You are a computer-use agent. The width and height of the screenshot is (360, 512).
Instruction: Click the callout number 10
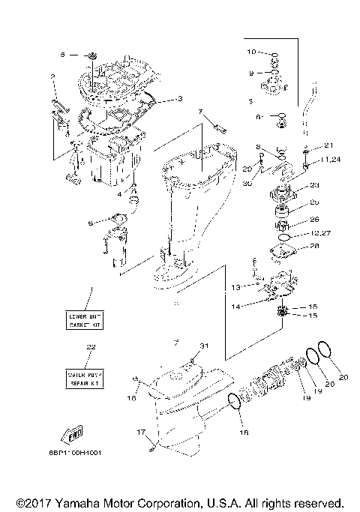(252, 52)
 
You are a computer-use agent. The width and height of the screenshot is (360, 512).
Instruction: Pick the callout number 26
(313, 220)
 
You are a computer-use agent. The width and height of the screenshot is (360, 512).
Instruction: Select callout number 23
(314, 186)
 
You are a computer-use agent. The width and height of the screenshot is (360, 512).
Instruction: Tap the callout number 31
(200, 346)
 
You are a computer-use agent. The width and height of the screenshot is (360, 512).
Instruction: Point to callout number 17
(139, 432)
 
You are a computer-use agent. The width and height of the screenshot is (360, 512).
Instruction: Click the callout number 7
(200, 112)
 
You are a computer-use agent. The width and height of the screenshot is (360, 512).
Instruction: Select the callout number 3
(179, 99)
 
